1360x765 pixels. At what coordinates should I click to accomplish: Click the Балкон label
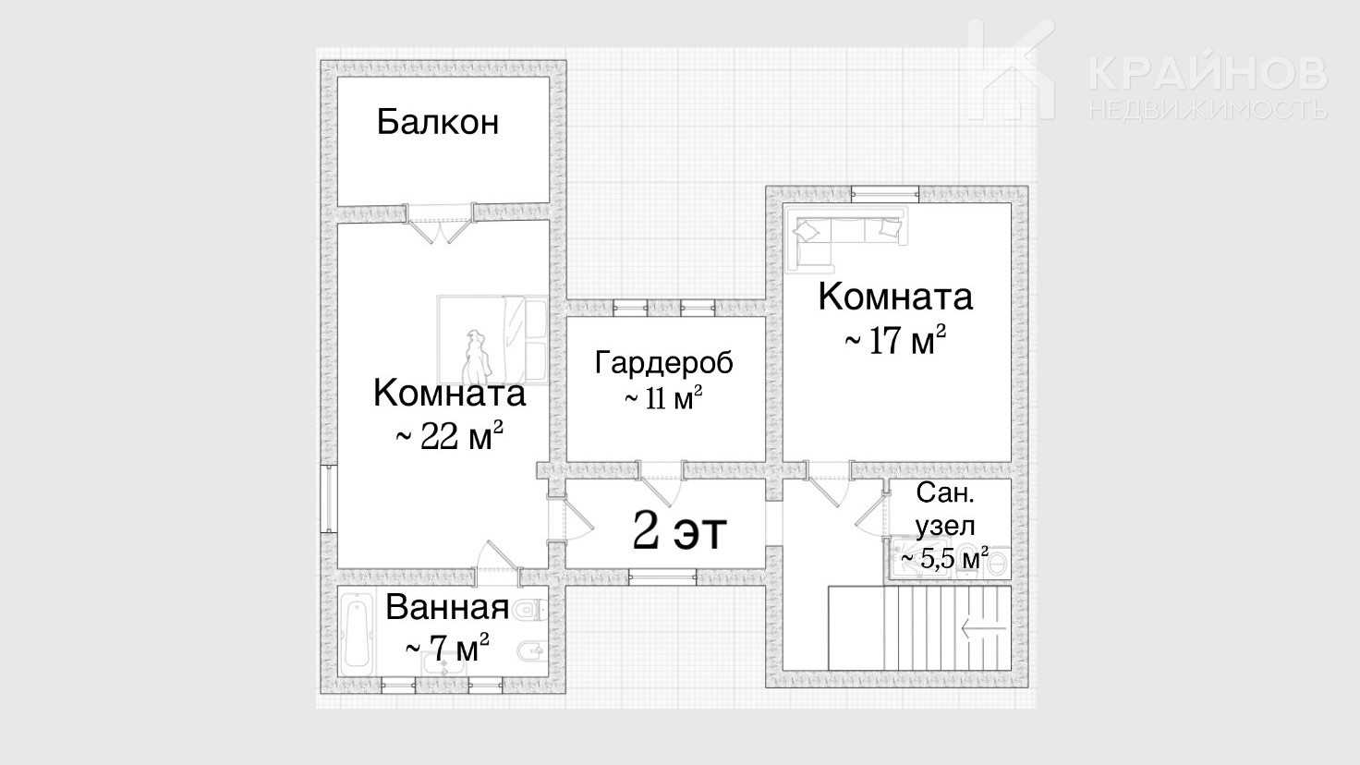[438, 122]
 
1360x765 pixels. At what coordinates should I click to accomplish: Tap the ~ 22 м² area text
[449, 435]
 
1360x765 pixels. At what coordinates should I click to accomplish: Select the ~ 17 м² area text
[895, 339]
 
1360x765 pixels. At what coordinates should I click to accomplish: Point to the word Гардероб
[664, 363]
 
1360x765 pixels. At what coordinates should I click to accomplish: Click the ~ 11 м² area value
[663, 398]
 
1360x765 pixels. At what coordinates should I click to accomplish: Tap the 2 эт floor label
[679, 530]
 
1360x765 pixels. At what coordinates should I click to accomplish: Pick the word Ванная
[447, 607]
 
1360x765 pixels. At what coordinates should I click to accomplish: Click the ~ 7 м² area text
[447, 648]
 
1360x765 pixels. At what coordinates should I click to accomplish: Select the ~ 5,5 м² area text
[945, 558]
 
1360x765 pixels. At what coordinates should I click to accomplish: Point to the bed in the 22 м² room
[493, 339]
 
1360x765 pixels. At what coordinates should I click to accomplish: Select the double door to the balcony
[440, 225]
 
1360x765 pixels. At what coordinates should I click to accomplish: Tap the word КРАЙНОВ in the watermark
[1208, 74]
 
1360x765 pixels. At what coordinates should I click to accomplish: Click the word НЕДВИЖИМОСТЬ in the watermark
[1208, 109]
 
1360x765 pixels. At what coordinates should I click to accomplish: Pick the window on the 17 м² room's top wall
[884, 194]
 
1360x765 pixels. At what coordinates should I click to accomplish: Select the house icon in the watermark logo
[1012, 70]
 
